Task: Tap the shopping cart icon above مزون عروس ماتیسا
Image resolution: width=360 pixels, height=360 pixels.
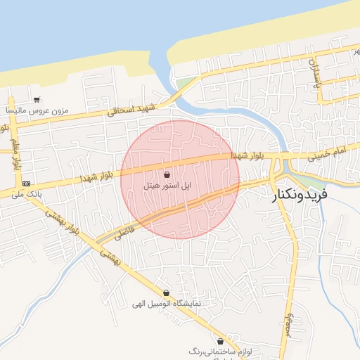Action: (x=36, y=99)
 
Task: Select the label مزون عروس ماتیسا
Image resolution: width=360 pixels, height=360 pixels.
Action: (x=36, y=111)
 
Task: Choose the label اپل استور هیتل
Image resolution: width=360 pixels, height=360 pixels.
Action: (x=167, y=186)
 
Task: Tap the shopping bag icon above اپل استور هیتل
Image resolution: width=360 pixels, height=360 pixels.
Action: (x=167, y=174)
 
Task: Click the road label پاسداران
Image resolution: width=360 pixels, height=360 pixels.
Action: (x=316, y=71)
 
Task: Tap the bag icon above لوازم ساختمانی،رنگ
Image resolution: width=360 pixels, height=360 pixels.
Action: (x=220, y=340)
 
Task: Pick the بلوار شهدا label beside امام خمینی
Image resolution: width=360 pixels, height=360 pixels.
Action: (x=253, y=154)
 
